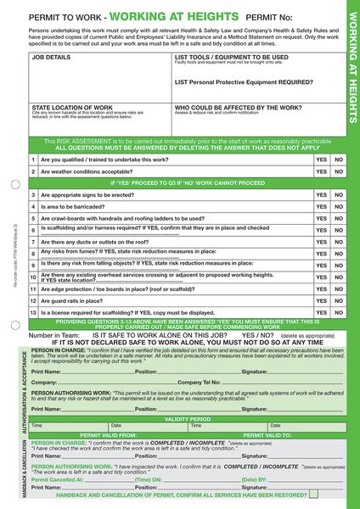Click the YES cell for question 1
point(321,159)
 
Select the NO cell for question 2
point(339,171)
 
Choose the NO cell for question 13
point(339,312)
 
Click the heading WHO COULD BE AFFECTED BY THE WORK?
point(238,108)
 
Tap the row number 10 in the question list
point(33,277)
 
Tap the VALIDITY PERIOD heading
point(188,419)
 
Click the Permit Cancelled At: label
point(58,479)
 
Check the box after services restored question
point(314,493)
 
